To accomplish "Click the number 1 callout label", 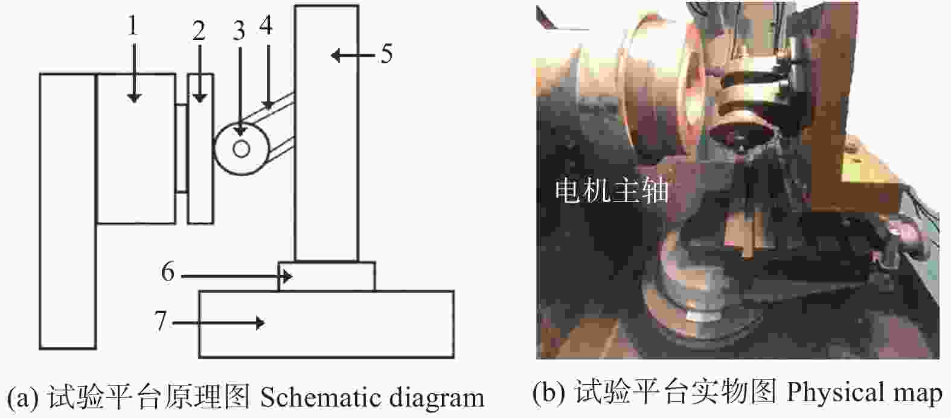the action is pyautogui.click(x=133, y=26).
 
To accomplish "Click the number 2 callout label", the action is pyautogui.click(x=199, y=31).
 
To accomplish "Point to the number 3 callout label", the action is pyautogui.click(x=239, y=31).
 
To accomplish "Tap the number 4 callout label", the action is pyautogui.click(x=266, y=25).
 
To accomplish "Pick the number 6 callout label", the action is pyautogui.click(x=168, y=271).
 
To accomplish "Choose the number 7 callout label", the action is pyautogui.click(x=160, y=320).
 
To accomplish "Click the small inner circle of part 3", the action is pyautogui.click(x=241, y=149).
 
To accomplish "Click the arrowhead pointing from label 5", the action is pyautogui.click(x=336, y=55).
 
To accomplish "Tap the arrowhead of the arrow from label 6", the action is pyautogui.click(x=287, y=277).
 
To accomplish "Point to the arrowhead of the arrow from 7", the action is pyautogui.click(x=260, y=323).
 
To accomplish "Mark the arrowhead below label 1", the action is pyautogui.click(x=134, y=98).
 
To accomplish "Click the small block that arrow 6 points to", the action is pyautogui.click(x=327, y=276).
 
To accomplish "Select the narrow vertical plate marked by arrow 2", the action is pyautogui.click(x=200, y=148).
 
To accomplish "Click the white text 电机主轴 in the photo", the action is pyautogui.click(x=611, y=191).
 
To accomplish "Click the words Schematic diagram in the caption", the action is pyautogui.click(x=372, y=397).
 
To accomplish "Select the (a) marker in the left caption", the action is pyautogui.click(x=23, y=397).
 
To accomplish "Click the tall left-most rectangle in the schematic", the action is pyautogui.click(x=68, y=211).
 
